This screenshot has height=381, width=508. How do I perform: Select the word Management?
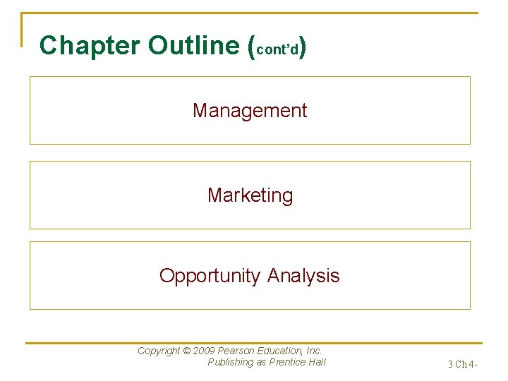(x=250, y=111)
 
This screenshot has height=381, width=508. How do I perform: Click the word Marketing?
(x=250, y=195)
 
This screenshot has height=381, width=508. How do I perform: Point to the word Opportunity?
(x=210, y=276)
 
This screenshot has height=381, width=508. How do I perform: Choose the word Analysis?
(x=303, y=275)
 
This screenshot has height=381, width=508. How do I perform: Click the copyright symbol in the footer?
(x=187, y=351)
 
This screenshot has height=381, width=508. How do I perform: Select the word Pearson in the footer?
(x=236, y=351)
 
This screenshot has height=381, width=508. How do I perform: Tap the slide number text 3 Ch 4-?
(x=463, y=365)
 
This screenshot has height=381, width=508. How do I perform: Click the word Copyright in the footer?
(x=159, y=351)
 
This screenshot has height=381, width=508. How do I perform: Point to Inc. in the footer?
(x=313, y=351)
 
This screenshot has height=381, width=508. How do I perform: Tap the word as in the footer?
(x=261, y=363)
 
